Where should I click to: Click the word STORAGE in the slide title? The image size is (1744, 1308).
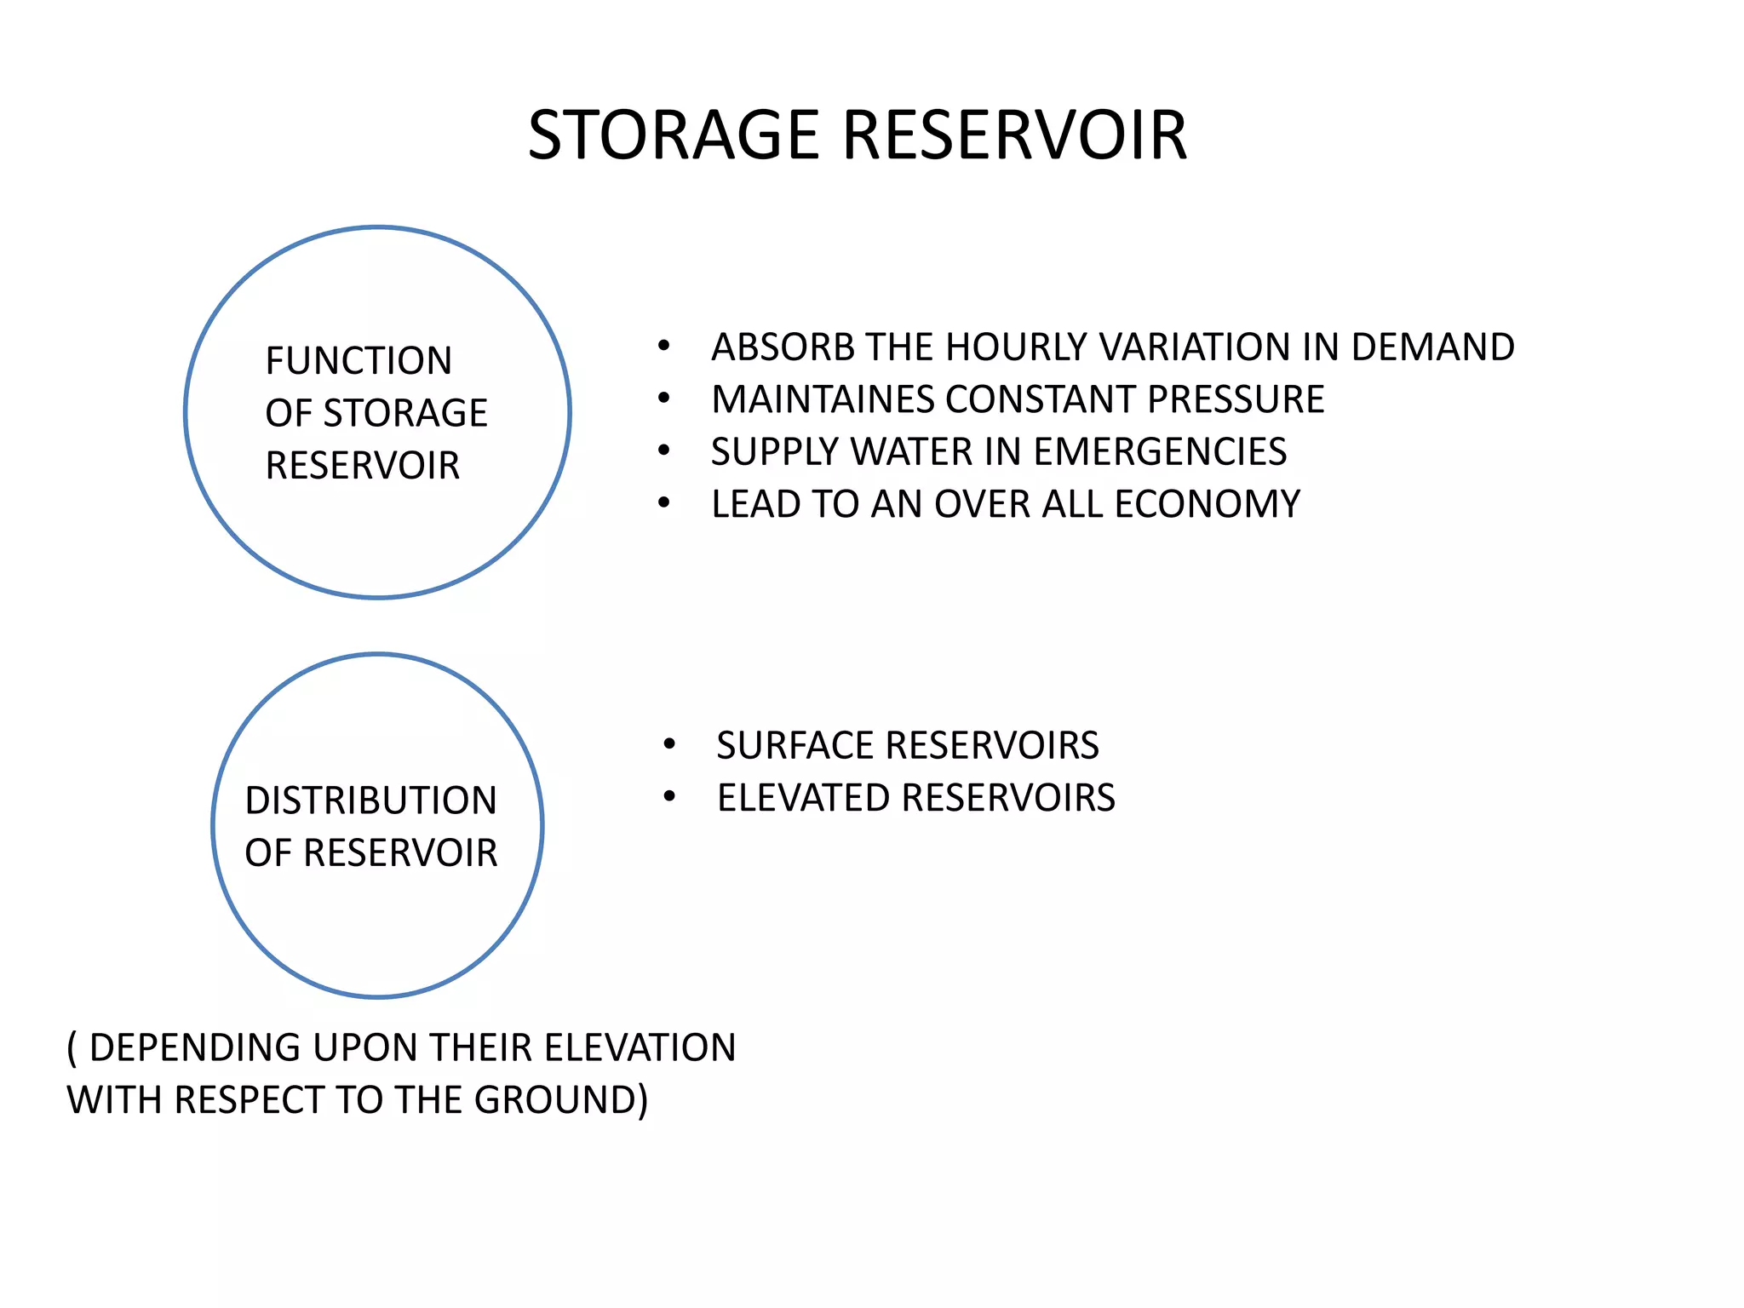click(673, 135)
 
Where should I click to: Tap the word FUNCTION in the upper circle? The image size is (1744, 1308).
click(359, 361)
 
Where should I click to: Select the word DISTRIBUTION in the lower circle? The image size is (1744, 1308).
click(370, 800)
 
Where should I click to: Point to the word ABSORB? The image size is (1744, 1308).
click(772, 347)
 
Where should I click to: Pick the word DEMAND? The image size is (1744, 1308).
click(1432, 347)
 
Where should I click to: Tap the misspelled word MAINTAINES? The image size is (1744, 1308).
click(821, 399)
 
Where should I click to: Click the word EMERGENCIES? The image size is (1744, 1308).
click(1160, 451)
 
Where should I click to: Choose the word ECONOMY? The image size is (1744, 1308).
click(1208, 504)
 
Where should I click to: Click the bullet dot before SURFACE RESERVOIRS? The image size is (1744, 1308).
click(669, 745)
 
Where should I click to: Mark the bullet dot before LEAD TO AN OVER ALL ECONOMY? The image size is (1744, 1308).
click(664, 503)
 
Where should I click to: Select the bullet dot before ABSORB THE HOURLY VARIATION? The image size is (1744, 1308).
click(664, 346)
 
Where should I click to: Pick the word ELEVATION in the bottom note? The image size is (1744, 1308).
click(640, 1047)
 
